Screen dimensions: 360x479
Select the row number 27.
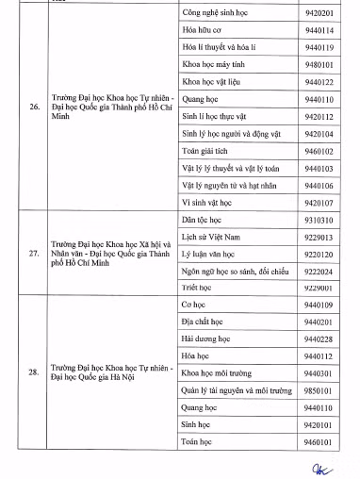(34, 254)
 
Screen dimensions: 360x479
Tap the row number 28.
(34, 372)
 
